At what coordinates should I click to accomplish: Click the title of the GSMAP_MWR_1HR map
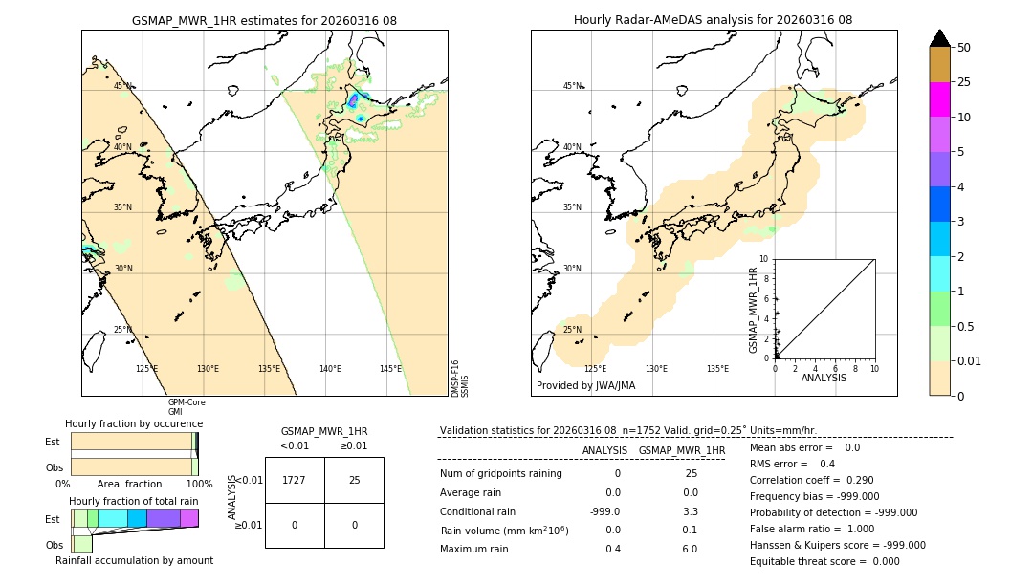tap(264, 20)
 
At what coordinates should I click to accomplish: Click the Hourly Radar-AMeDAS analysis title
tap(713, 20)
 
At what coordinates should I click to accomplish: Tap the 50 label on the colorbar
tap(965, 48)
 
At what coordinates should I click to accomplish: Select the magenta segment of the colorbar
tap(940, 99)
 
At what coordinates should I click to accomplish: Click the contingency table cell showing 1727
tap(295, 480)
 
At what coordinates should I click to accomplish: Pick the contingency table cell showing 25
tap(354, 480)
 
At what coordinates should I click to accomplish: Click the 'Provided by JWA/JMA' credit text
tap(585, 386)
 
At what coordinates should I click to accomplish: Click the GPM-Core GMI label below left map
tap(187, 407)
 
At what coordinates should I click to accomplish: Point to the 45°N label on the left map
tap(122, 86)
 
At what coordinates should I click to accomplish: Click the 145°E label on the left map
tap(390, 369)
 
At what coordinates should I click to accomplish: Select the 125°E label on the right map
tap(595, 369)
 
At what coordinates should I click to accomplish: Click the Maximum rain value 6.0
tap(689, 549)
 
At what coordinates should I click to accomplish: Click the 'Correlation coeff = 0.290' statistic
tap(812, 480)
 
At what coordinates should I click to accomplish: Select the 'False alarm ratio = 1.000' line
tap(811, 529)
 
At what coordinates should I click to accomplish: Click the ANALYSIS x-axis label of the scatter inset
tap(824, 378)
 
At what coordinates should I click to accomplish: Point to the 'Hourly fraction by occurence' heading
tap(134, 423)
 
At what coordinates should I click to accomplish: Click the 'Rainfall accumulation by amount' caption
tap(134, 560)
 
